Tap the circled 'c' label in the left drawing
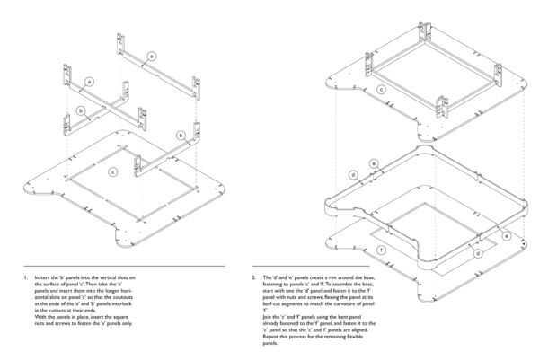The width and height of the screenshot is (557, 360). (x=112, y=171)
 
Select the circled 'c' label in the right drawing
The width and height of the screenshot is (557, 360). (x=383, y=90)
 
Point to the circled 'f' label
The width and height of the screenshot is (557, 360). (x=382, y=248)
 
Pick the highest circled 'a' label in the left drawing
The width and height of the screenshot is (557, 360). (x=152, y=57)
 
